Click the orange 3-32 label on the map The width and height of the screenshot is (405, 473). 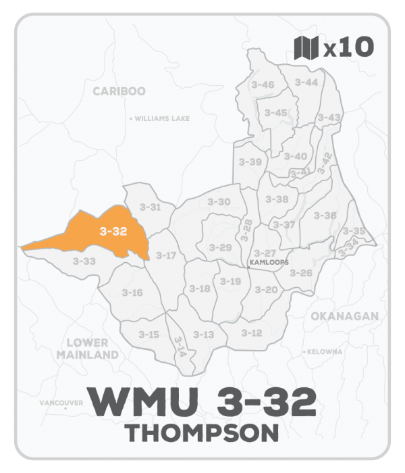(x=113, y=231)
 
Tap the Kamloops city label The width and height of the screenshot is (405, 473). (x=269, y=262)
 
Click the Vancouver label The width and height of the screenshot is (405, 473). (x=61, y=403)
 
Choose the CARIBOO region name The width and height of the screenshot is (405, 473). (x=119, y=91)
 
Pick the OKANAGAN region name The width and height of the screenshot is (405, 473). (x=344, y=316)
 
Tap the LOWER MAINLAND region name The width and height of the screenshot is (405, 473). (x=88, y=349)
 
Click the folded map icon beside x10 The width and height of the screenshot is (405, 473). (x=306, y=48)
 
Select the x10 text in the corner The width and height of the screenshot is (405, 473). (x=348, y=48)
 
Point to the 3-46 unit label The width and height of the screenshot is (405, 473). (x=262, y=84)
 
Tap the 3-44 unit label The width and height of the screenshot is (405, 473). (x=306, y=82)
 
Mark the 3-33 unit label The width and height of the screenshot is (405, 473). (x=85, y=260)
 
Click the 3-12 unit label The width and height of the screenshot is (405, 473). (x=251, y=332)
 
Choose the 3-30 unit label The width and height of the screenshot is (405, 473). (x=219, y=201)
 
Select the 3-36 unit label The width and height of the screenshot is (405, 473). (x=325, y=215)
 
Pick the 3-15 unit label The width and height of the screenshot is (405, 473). (x=149, y=334)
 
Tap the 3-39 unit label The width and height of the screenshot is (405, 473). (x=250, y=162)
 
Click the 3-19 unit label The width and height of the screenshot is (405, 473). (x=230, y=281)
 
